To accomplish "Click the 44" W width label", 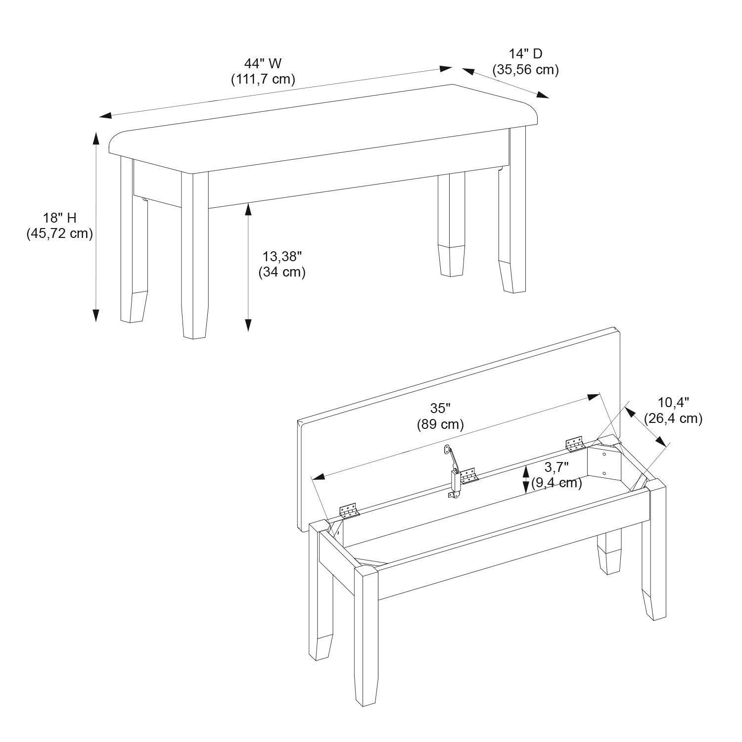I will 263,63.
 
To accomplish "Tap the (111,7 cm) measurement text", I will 263,79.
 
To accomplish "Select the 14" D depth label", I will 525,54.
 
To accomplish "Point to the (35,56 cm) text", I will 525,70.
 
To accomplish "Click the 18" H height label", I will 59,217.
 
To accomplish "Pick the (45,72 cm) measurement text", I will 59,233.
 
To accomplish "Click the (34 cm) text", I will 282,272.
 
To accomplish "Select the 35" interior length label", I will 440,408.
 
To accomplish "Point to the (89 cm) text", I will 440,424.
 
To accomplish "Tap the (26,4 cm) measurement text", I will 673,418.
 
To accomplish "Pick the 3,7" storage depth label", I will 556,466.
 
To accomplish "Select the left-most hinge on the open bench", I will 349,511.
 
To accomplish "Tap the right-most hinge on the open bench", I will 574,443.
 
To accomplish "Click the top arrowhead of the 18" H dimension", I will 96,138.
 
